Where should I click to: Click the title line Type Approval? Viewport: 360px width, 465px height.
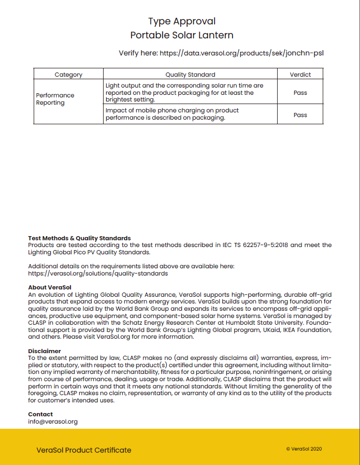click(x=182, y=21)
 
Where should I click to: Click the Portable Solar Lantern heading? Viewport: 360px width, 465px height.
click(x=182, y=35)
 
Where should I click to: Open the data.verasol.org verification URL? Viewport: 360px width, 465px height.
click(x=242, y=53)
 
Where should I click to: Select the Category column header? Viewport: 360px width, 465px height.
click(x=68, y=75)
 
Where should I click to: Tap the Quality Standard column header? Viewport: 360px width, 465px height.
click(x=190, y=75)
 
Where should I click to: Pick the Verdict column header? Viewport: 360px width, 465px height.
click(x=300, y=75)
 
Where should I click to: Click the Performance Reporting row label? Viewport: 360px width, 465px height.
click(x=55, y=99)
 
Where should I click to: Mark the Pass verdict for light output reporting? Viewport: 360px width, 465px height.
click(x=300, y=93)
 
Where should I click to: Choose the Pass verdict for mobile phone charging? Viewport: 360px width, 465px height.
click(x=300, y=115)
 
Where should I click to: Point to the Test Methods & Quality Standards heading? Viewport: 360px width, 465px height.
click(x=79, y=238)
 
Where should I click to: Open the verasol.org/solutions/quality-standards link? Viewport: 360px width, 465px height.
click(x=98, y=273)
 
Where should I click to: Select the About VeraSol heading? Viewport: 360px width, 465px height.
click(x=50, y=287)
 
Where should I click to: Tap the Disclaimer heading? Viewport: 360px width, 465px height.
click(x=45, y=351)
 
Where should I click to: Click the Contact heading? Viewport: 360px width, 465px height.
click(x=40, y=414)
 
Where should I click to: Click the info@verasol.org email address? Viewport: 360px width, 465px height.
click(x=53, y=422)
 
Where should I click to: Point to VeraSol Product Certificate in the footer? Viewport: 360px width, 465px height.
click(x=84, y=450)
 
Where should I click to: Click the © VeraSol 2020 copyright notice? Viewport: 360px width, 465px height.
click(x=304, y=449)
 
